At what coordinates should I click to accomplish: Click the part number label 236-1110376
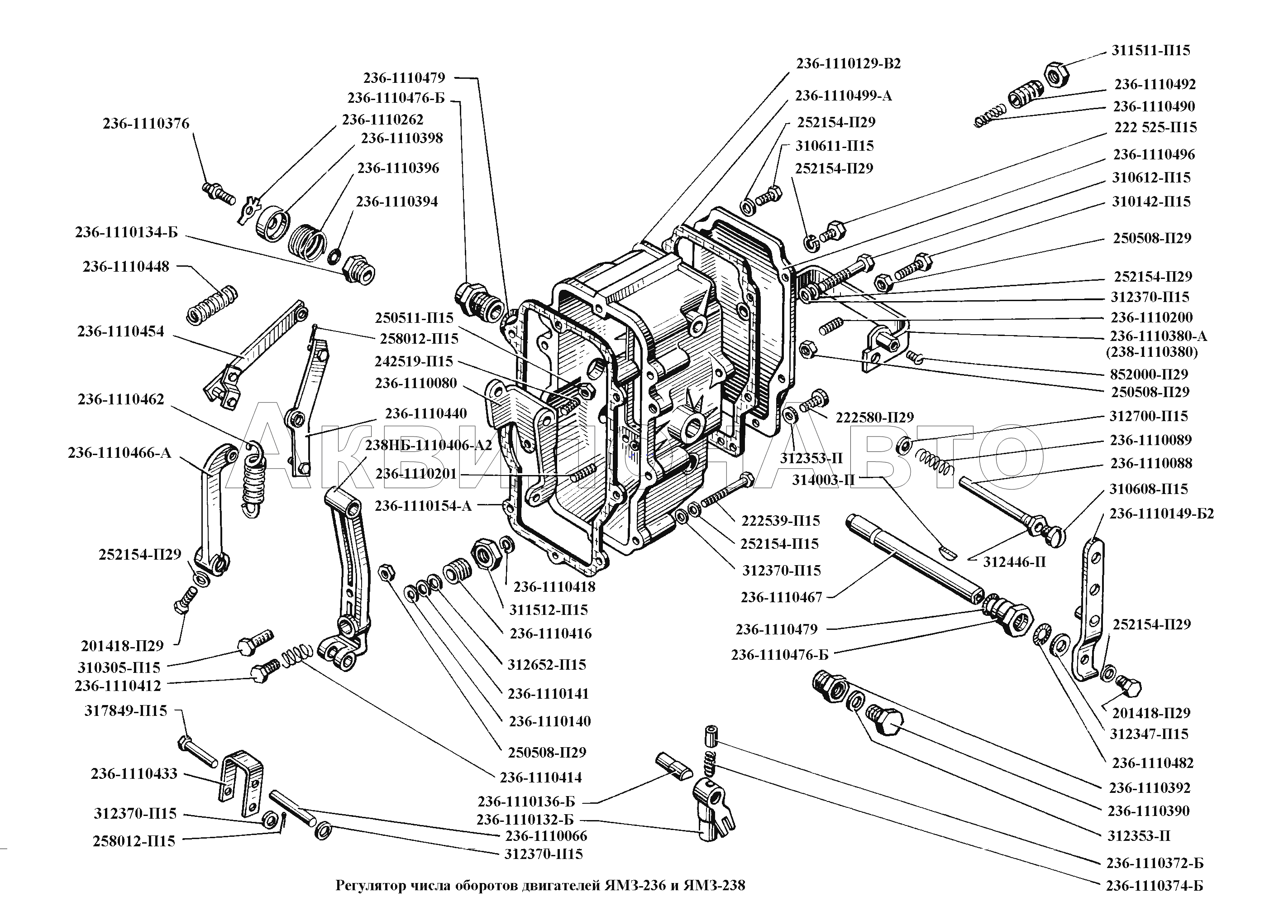[x=146, y=124]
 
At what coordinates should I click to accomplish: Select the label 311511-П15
[x=1150, y=50]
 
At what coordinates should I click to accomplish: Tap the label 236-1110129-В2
[x=848, y=64]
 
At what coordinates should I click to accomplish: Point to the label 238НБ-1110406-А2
[x=428, y=445]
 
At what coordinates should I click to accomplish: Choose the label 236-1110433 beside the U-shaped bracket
[x=134, y=773]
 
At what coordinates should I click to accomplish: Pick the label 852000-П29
[x=1149, y=374]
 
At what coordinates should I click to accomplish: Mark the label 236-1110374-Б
[x=1154, y=885]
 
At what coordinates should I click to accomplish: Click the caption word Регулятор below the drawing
[x=370, y=885]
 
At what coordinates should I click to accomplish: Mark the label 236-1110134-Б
[x=126, y=232]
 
